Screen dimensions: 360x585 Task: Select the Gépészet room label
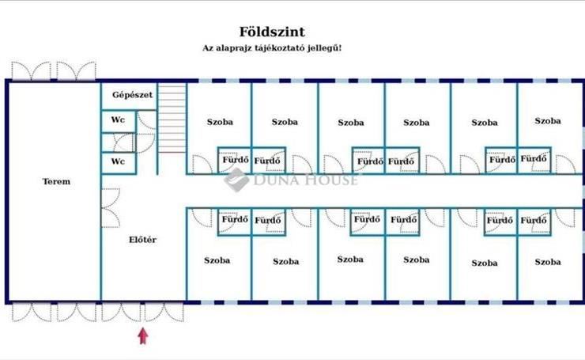tap(132, 95)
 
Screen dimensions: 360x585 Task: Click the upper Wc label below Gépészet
tap(118, 120)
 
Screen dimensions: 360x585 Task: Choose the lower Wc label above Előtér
tap(118, 162)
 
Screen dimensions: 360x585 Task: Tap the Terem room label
tap(56, 182)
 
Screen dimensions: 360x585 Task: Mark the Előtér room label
tap(142, 239)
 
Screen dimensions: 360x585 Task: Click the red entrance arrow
tap(143, 335)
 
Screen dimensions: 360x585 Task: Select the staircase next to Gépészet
tap(171, 119)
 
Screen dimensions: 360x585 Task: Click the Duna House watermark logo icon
tap(236, 180)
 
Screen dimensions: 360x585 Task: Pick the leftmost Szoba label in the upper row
tap(220, 123)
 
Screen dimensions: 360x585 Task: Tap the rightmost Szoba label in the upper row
tap(547, 121)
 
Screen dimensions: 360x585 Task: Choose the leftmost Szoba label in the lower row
tap(217, 260)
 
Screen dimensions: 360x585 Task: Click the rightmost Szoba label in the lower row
tap(547, 261)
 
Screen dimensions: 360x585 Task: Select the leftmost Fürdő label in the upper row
tap(234, 161)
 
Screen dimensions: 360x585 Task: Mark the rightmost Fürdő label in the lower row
tap(535, 220)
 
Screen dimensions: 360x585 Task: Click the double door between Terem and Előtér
tap(109, 207)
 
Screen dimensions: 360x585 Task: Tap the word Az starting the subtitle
tap(209, 48)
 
